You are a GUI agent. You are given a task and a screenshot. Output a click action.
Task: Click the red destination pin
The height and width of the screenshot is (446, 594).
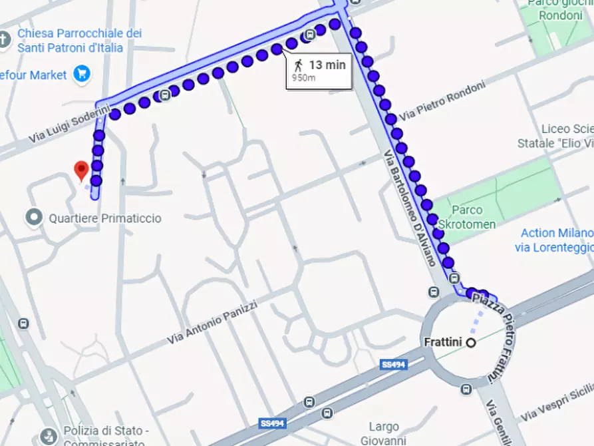point(81,170)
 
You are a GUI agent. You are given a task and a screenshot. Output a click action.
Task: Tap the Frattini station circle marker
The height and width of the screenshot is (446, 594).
point(471,343)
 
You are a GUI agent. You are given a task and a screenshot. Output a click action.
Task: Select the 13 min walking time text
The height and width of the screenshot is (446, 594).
point(327,65)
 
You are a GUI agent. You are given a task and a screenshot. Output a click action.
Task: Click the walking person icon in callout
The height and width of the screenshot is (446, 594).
point(299,65)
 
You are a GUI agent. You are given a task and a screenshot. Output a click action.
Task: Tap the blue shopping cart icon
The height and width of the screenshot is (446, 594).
point(82,74)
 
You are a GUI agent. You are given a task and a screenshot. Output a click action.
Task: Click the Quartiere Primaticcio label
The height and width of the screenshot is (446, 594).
point(104,218)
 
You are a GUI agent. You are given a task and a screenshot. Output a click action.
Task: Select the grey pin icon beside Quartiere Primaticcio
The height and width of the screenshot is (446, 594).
point(33,217)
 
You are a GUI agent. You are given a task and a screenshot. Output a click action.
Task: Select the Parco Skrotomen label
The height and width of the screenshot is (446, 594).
point(467,218)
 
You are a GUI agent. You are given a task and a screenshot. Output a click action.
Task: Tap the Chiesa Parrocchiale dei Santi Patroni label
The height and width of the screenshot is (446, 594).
point(79,40)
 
